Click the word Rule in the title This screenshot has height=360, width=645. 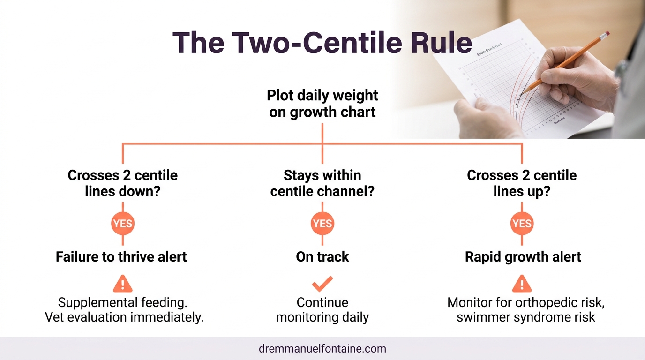[x=442, y=43]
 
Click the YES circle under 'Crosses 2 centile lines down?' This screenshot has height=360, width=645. [x=123, y=224]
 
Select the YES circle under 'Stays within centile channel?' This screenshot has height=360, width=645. [x=322, y=224]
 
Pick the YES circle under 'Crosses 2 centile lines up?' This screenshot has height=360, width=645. [x=522, y=224]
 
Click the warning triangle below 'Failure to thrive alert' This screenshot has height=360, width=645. [x=123, y=284]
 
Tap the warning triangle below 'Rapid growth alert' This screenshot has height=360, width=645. [x=522, y=284]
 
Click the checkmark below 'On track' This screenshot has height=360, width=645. [x=322, y=284]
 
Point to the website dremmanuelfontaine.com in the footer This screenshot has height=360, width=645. [x=322, y=349]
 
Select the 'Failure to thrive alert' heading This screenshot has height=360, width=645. [x=121, y=257]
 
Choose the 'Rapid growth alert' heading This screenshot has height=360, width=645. [x=523, y=257]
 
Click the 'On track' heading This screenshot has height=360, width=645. [x=322, y=257]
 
